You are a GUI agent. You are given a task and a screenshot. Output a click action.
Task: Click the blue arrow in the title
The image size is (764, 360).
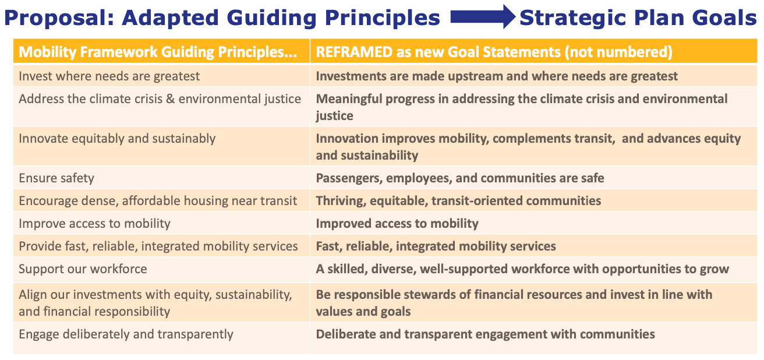(482, 18)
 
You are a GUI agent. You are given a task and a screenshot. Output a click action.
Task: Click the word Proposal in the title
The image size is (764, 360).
(56, 19)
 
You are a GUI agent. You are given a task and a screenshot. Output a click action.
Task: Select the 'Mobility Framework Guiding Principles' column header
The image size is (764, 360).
(158, 52)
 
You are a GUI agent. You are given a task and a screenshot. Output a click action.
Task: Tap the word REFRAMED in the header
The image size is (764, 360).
(354, 52)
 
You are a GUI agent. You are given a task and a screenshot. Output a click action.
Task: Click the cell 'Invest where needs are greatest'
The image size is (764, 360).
(109, 76)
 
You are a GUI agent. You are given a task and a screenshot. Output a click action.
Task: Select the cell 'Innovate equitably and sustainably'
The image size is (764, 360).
(117, 139)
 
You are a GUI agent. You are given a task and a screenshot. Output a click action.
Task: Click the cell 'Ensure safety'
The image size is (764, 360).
(56, 178)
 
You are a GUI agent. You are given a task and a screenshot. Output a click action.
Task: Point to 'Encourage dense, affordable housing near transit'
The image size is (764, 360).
(158, 201)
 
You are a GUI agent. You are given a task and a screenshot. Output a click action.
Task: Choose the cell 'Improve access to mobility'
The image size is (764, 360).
(94, 224)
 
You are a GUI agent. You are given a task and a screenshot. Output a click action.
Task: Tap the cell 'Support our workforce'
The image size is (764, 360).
(83, 269)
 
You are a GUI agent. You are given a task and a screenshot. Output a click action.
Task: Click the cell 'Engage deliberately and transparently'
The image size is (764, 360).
(126, 334)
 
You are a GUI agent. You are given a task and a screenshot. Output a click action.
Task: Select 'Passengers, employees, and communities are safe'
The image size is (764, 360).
(460, 178)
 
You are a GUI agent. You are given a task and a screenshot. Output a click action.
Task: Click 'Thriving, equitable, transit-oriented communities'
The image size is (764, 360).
(458, 201)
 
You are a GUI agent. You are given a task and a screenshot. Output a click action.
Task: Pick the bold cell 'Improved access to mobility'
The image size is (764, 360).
(397, 224)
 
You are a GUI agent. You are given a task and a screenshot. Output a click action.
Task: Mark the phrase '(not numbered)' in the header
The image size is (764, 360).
(628, 52)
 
